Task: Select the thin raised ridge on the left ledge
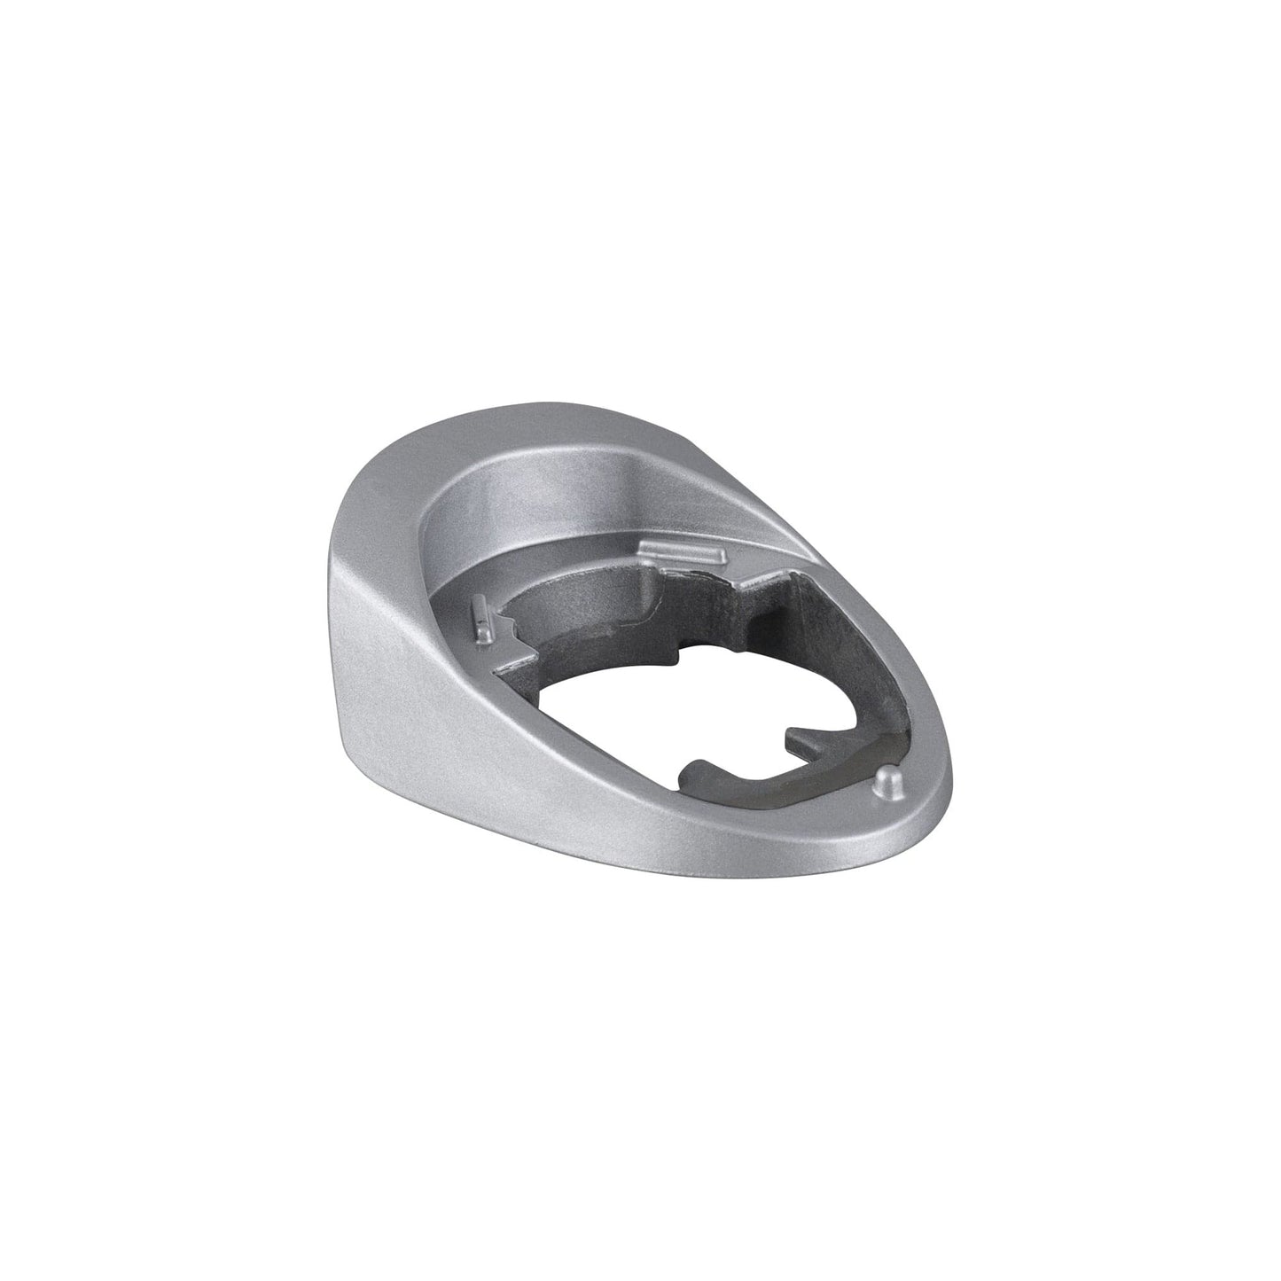480,619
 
